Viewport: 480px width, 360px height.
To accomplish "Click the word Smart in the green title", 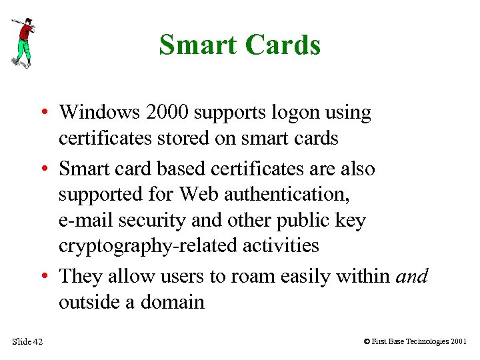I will [x=198, y=45].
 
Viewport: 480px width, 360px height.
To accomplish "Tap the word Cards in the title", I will [x=283, y=45].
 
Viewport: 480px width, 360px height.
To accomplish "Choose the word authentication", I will [x=287, y=195].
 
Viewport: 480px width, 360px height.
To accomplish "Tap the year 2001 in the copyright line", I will [x=458, y=342].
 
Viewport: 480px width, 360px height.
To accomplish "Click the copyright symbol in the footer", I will [x=367, y=342].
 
